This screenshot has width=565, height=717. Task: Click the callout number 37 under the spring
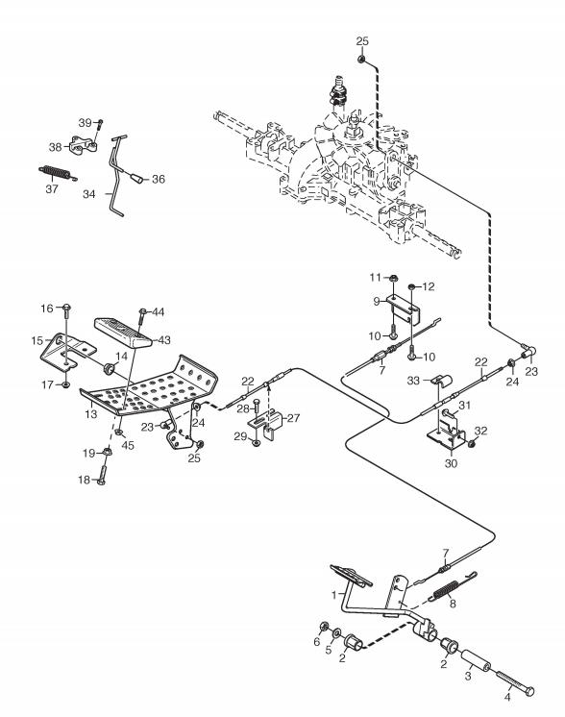coord(52,188)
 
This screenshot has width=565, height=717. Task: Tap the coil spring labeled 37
coord(57,173)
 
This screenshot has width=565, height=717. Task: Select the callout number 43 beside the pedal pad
coord(163,339)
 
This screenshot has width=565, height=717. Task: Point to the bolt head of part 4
coord(528,691)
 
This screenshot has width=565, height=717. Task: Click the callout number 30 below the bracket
coord(451,463)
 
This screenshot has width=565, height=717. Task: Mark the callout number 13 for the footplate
coord(91,414)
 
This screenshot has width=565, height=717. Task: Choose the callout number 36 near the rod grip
coord(159,179)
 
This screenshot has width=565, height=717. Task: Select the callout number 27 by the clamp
coord(293,417)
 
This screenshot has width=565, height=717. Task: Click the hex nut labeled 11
coord(393,278)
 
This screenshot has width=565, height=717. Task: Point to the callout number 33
coord(413,381)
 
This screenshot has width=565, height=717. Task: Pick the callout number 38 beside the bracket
coord(56,147)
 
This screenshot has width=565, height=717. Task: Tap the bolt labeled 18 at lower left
coord(101,475)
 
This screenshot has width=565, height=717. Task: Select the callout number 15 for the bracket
coord(37,340)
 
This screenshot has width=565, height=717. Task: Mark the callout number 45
coord(128,445)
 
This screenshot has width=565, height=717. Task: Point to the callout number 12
coord(429,286)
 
